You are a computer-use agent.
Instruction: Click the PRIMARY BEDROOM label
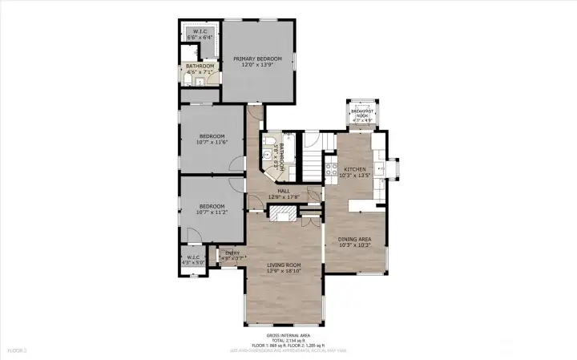click(257, 59)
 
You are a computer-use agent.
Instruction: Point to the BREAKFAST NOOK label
click(365, 113)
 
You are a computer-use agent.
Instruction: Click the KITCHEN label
click(354, 169)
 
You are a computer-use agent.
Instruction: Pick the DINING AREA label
click(353, 238)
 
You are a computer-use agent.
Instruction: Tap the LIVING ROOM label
click(284, 265)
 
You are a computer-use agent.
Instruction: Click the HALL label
click(283, 191)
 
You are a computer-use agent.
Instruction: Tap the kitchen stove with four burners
click(329, 169)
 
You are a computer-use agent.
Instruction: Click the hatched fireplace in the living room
click(281, 212)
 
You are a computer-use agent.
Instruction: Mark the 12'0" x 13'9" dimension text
click(257, 65)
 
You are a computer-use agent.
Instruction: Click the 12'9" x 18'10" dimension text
click(284, 271)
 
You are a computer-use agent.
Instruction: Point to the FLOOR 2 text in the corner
click(17, 350)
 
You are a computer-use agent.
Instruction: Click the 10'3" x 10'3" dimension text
click(353, 245)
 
